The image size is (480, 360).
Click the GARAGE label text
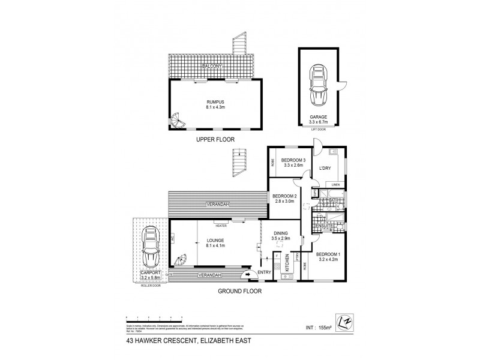318,118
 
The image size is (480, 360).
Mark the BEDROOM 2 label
285,196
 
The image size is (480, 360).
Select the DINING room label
281,233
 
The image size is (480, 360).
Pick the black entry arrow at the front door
247,275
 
